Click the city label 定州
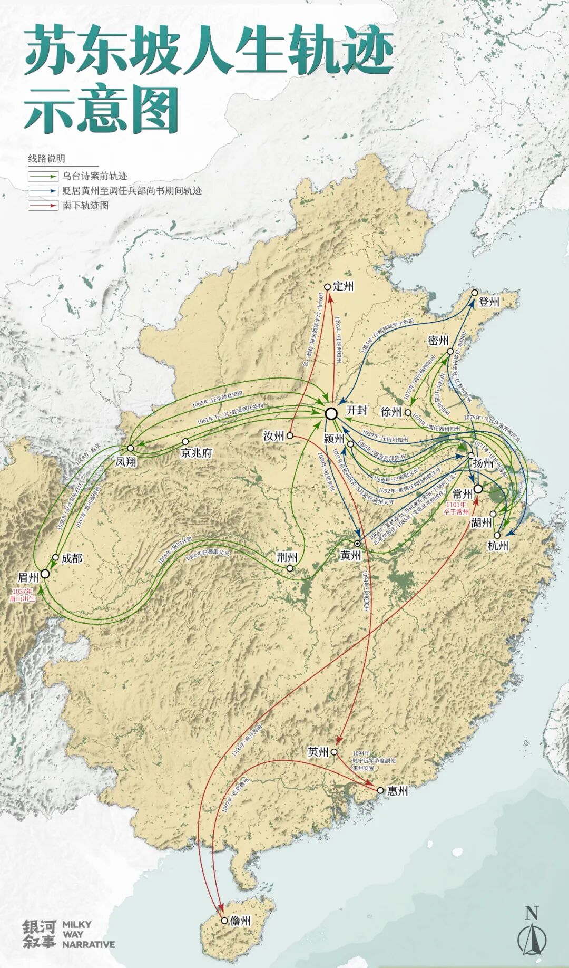coord(344,286)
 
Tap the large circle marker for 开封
coord(331,414)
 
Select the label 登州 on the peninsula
coord(488,302)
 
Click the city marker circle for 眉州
coord(45,574)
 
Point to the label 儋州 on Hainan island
coord(241,921)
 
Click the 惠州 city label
coord(397,791)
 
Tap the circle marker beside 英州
coord(334,752)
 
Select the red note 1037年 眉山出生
coord(22,595)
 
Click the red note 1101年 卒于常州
coord(456,508)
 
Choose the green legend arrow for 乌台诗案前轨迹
coord(43,176)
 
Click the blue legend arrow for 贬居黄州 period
coord(43,191)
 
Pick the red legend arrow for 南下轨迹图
coord(43,206)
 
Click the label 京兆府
coord(196,452)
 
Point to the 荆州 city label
coord(288,557)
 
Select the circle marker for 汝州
coord(290,436)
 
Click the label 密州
coord(438,340)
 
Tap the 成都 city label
coord(72,558)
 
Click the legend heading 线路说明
coord(46,159)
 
